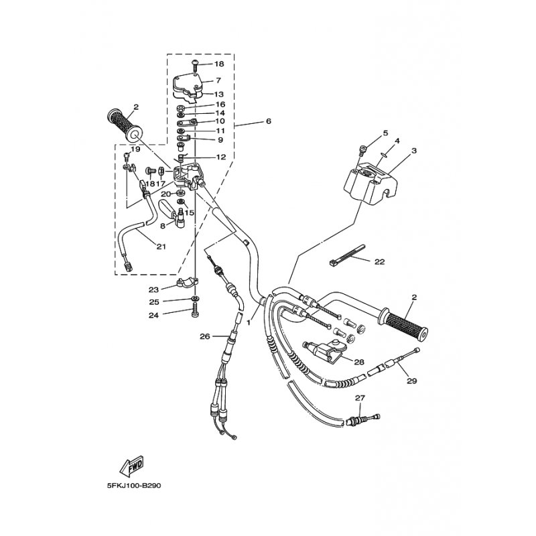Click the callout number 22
[x=380, y=262]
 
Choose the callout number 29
[x=411, y=381]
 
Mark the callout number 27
[x=360, y=398]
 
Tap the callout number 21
[x=161, y=246]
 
